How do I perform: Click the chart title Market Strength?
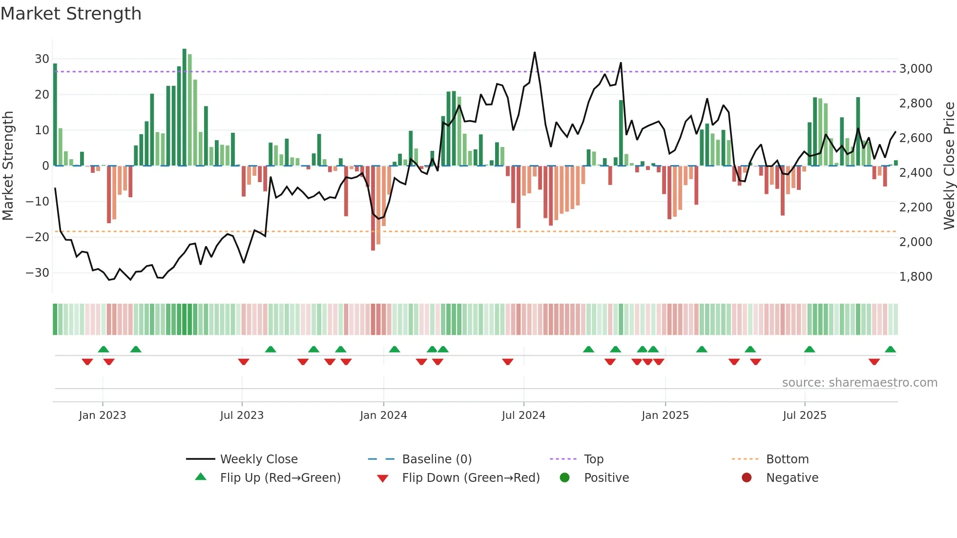(x=71, y=14)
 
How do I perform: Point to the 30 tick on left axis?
(x=42, y=59)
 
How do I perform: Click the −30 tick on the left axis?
(x=38, y=273)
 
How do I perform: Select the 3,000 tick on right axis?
(x=915, y=69)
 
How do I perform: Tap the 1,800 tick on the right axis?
(x=915, y=277)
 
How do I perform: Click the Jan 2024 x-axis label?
(x=383, y=415)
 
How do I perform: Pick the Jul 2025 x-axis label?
(x=804, y=415)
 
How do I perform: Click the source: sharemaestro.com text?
(x=859, y=383)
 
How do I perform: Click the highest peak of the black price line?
(x=535, y=53)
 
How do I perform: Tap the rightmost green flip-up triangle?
(x=890, y=350)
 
